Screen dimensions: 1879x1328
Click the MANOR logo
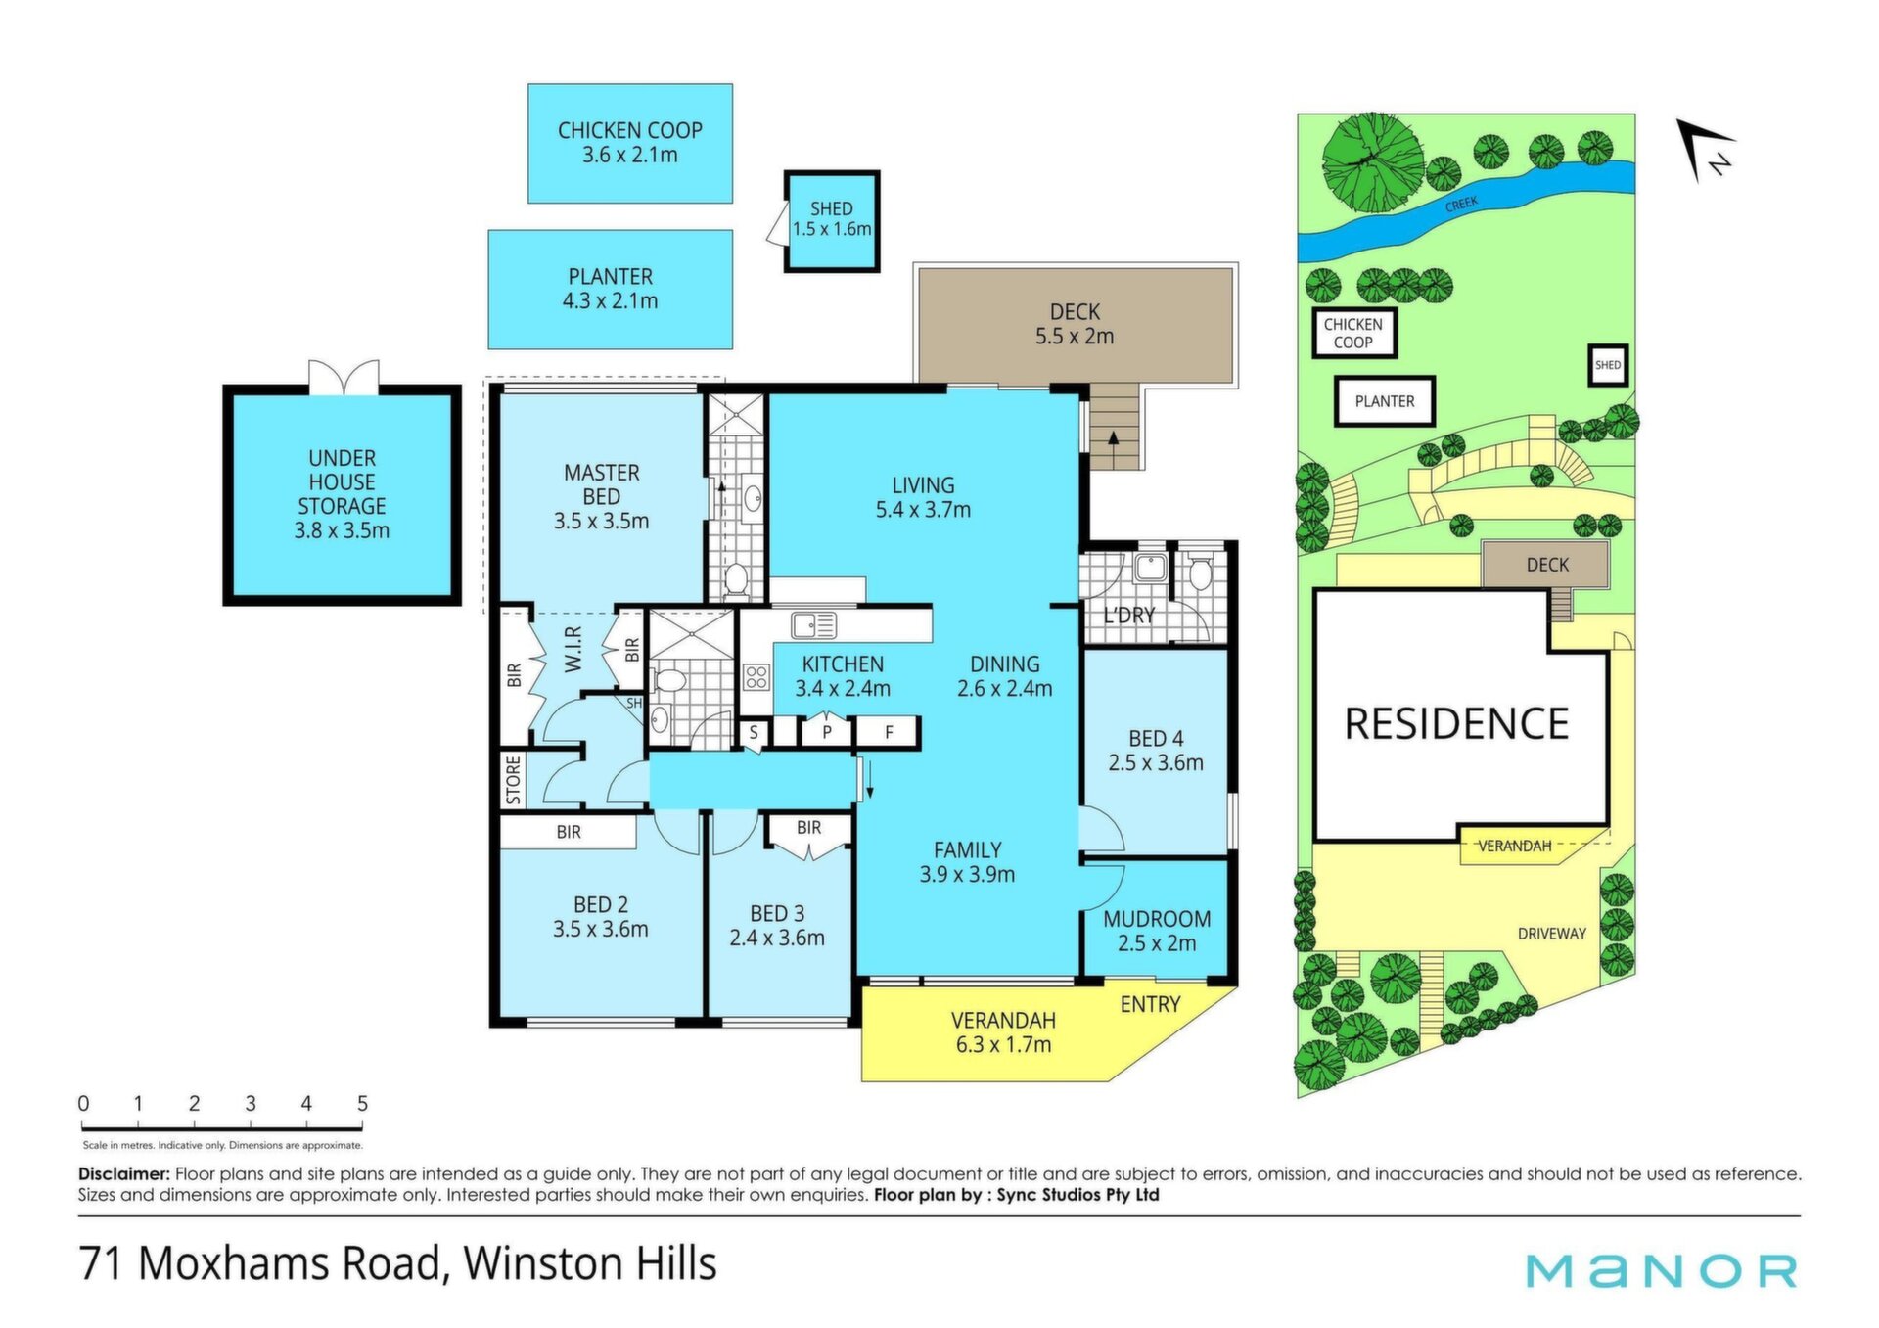[1662, 1271]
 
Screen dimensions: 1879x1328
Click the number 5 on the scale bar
[362, 1104]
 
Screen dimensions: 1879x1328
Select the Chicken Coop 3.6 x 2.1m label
[630, 143]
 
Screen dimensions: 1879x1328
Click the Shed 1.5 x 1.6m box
[832, 221]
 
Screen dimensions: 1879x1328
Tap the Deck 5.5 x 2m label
[1075, 324]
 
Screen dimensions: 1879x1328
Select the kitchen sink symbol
[813, 624]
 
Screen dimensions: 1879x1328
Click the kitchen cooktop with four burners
[756, 676]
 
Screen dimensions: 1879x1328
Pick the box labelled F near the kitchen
[889, 732]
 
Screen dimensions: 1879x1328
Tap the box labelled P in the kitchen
[827, 732]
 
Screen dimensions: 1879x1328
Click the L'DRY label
[1129, 616]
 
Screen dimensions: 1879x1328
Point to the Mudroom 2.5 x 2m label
[1157, 932]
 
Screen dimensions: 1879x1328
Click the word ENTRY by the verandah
[1151, 1005]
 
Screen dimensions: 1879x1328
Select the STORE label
[514, 780]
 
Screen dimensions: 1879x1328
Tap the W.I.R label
[573, 649]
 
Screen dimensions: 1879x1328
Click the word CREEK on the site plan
[1462, 204]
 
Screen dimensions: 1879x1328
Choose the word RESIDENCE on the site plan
[1457, 724]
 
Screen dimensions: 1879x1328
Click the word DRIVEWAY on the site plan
[1552, 934]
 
